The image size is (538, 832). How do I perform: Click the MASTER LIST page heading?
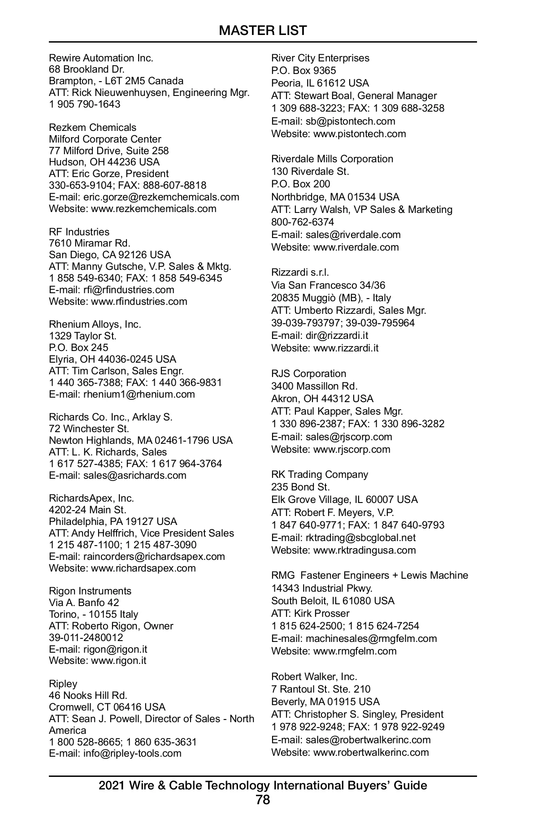[263, 30]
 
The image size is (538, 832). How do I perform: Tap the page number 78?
[263, 799]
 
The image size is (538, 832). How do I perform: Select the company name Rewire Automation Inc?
[101, 58]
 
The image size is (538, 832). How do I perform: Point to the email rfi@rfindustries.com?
[129, 290]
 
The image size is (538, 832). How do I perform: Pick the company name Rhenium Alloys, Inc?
[95, 324]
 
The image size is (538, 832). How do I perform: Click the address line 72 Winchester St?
[89, 429]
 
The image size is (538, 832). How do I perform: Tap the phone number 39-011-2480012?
[86, 637]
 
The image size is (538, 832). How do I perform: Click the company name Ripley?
[63, 684]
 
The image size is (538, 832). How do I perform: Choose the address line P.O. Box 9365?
[304, 70]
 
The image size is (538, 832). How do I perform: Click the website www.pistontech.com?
[360, 134]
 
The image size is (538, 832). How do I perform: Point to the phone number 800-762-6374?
[303, 222]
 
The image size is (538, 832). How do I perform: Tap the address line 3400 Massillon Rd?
[314, 386]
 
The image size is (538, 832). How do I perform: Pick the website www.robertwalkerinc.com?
[371, 752]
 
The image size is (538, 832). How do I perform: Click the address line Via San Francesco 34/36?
[328, 285]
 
